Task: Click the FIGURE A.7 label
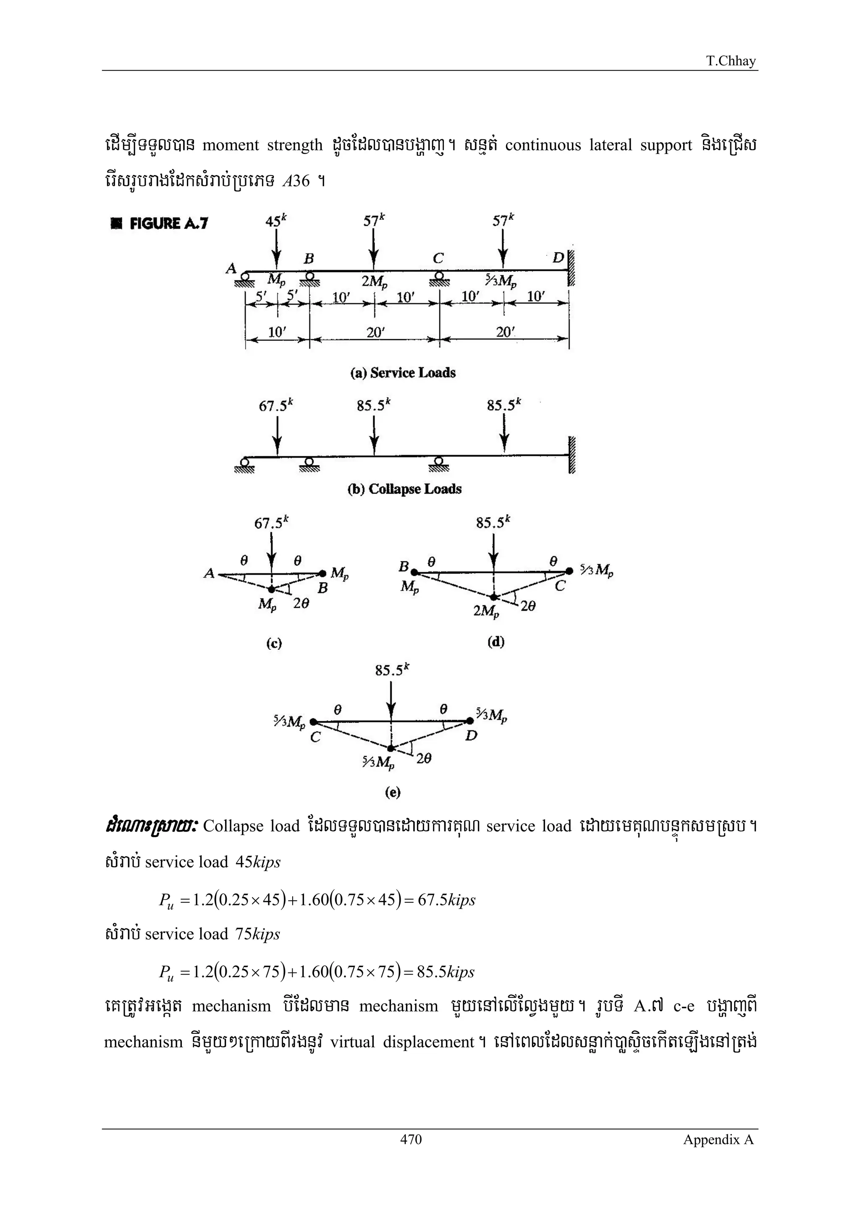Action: pyautogui.click(x=160, y=223)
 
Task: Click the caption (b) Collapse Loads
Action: pyautogui.click(x=404, y=489)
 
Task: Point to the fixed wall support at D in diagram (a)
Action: pyautogui.click(x=571, y=267)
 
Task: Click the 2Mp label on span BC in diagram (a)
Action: pyautogui.click(x=374, y=282)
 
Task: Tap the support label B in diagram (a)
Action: pyautogui.click(x=308, y=259)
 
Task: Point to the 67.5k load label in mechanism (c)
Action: pyautogui.click(x=272, y=523)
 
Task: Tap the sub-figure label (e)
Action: pyautogui.click(x=393, y=792)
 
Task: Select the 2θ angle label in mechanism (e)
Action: pyautogui.click(x=423, y=758)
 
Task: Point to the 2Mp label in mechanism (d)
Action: pyautogui.click(x=486, y=611)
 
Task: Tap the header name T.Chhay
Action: pyautogui.click(x=731, y=61)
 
